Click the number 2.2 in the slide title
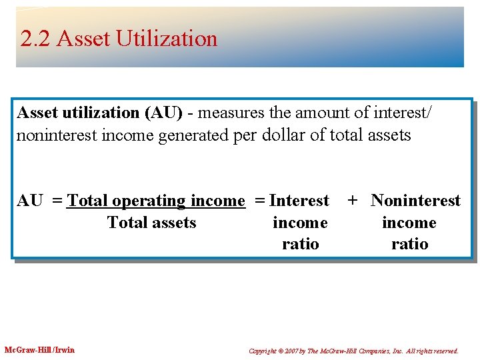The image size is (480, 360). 36,39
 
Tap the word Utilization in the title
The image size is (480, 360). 167,39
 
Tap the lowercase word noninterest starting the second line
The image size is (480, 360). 54,135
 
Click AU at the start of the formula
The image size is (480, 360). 30,201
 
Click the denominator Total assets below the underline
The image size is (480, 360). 152,223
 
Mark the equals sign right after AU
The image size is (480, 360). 57,201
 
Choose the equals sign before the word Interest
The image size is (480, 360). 260,201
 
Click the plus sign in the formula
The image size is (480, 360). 353,201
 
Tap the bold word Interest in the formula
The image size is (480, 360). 299,201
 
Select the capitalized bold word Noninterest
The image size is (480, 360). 415,201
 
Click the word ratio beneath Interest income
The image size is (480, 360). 301,244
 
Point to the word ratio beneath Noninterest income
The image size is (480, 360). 409,244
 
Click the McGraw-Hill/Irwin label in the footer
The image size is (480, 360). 40,350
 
